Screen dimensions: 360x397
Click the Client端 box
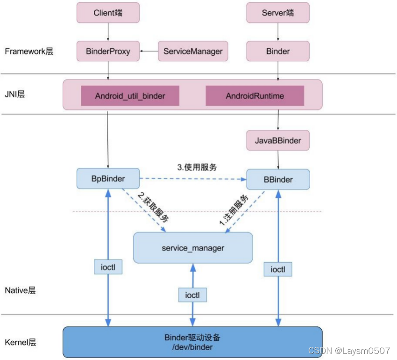coord(108,13)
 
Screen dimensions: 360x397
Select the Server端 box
coord(277,13)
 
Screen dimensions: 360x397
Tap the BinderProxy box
coord(108,51)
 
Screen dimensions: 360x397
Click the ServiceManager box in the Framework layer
coord(193,51)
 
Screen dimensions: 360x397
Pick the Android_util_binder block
coord(130,96)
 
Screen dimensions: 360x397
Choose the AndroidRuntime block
coord(255,96)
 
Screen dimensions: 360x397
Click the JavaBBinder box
coord(277,140)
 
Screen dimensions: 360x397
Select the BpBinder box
coord(108,179)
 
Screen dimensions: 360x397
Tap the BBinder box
coord(277,180)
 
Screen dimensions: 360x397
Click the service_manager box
coord(193,248)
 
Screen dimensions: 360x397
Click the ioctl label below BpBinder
coord(108,267)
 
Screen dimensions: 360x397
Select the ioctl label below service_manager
coord(192,295)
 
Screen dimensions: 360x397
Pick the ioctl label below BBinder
coord(278,269)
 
